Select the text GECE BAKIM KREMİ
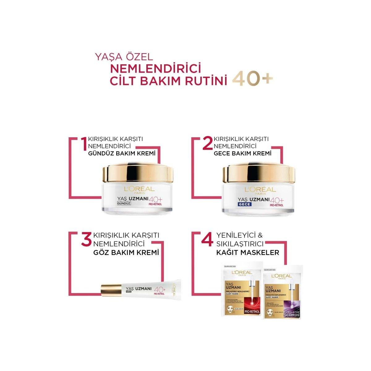[x=243, y=153]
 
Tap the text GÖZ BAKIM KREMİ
[x=126, y=253]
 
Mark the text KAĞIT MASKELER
[x=247, y=253]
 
